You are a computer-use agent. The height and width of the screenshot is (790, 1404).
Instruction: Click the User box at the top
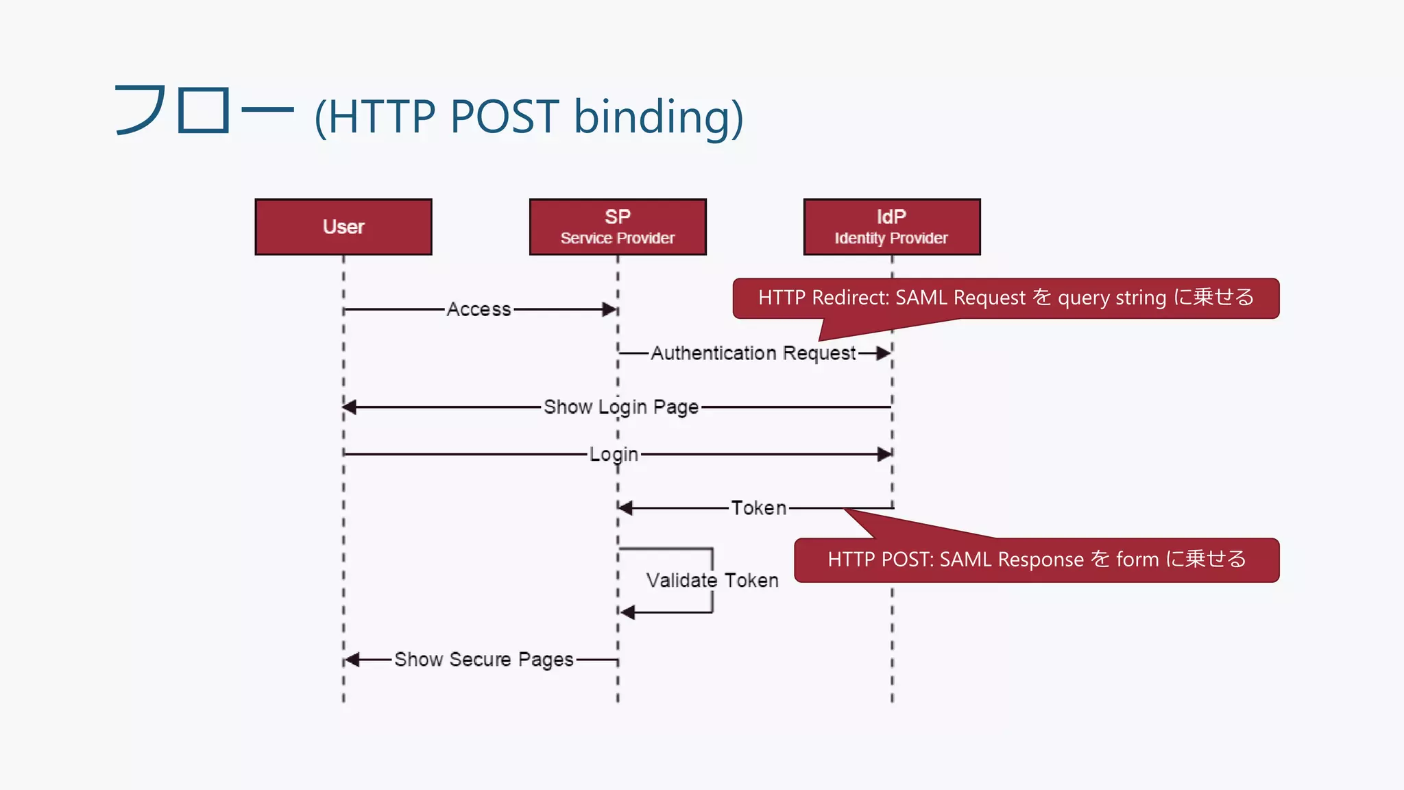pyautogui.click(x=343, y=227)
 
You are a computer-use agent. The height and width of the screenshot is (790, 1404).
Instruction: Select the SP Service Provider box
pyautogui.click(x=618, y=227)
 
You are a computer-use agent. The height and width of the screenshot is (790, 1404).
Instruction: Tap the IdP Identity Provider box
pyautogui.click(x=891, y=227)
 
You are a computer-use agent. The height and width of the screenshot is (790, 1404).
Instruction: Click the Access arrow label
pyautogui.click(x=479, y=309)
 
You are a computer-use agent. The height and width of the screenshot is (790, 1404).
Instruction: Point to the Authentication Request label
pyautogui.click(x=753, y=353)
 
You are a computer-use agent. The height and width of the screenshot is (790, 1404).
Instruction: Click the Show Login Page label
pyautogui.click(x=620, y=407)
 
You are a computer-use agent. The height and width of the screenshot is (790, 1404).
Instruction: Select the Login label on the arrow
pyautogui.click(x=614, y=454)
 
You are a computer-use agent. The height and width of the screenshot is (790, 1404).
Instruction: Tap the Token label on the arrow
pyautogui.click(x=758, y=508)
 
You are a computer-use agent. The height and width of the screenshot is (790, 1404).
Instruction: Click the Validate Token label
pyautogui.click(x=712, y=580)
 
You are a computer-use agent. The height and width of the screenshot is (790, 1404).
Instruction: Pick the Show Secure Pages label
pyautogui.click(x=483, y=660)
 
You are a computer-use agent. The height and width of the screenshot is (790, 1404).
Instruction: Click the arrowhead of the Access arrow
pyautogui.click(x=609, y=309)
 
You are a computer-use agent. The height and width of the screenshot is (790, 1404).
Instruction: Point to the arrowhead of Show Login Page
pyautogui.click(x=350, y=407)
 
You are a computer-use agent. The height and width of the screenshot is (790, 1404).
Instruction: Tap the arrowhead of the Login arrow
pyautogui.click(x=884, y=454)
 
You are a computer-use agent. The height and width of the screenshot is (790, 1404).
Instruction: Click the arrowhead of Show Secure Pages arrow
pyautogui.click(x=352, y=660)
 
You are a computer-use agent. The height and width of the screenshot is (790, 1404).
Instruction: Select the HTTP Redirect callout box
pyautogui.click(x=1005, y=298)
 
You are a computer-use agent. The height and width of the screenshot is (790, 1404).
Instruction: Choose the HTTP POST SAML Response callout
pyautogui.click(x=1036, y=560)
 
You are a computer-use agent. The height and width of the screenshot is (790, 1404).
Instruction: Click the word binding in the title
pyautogui.click(x=657, y=116)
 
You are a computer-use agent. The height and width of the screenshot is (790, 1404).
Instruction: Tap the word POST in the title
pyautogui.click(x=504, y=116)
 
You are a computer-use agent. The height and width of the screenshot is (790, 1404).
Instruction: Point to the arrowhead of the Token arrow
pyautogui.click(x=625, y=508)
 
